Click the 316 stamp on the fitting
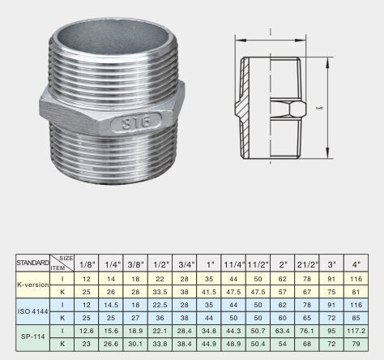[x=137, y=123]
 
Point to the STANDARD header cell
[x=32, y=263]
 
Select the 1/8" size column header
[x=87, y=264]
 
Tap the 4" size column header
[x=356, y=264]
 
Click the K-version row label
[x=33, y=285]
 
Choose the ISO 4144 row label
[x=33, y=311]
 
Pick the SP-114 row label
[x=33, y=336]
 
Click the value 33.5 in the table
[x=160, y=292]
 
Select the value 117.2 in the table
[x=356, y=331]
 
